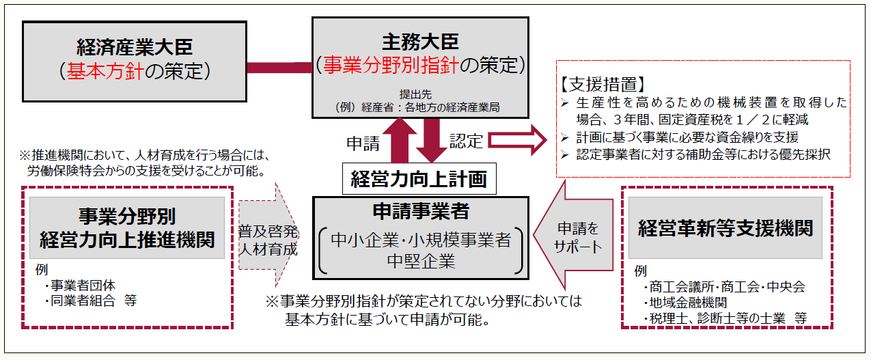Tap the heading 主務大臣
coord(419,41)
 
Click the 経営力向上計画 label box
coord(419,179)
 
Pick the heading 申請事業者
coord(419,212)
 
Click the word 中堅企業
coord(420,261)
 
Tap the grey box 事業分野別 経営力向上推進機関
coord(127,228)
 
